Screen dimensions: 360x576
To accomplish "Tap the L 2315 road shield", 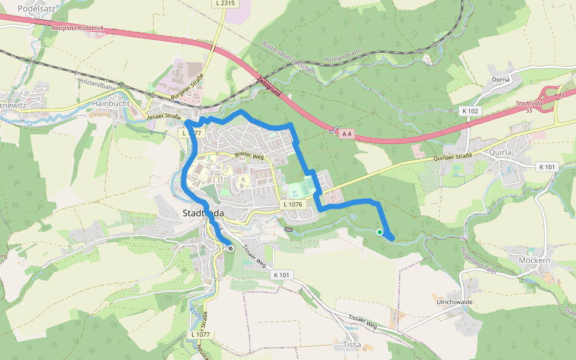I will (x=226, y=4).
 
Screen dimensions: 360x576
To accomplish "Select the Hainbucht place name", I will (x=111, y=103).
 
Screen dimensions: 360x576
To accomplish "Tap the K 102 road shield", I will (x=471, y=111).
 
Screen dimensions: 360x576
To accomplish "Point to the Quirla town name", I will (x=500, y=152).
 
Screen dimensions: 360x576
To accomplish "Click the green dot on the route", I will (x=380, y=232).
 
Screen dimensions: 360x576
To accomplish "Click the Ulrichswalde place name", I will (x=455, y=302).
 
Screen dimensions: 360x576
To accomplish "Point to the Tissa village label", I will (x=352, y=344).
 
